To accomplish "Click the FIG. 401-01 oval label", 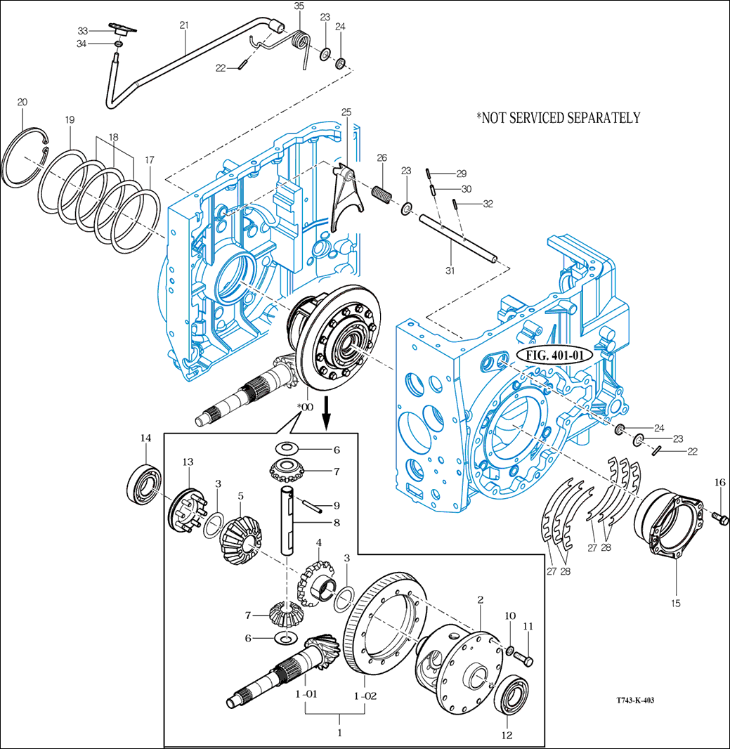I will pos(555,355).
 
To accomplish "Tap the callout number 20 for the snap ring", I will pos(22,103).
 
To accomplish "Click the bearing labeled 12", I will pos(514,699).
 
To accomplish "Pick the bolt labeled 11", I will pos(523,659).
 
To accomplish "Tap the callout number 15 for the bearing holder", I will pos(675,602).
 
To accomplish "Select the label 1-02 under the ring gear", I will pos(365,696).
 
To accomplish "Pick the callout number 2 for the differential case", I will pos(480,600).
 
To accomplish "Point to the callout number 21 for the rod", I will pos(184,25).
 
